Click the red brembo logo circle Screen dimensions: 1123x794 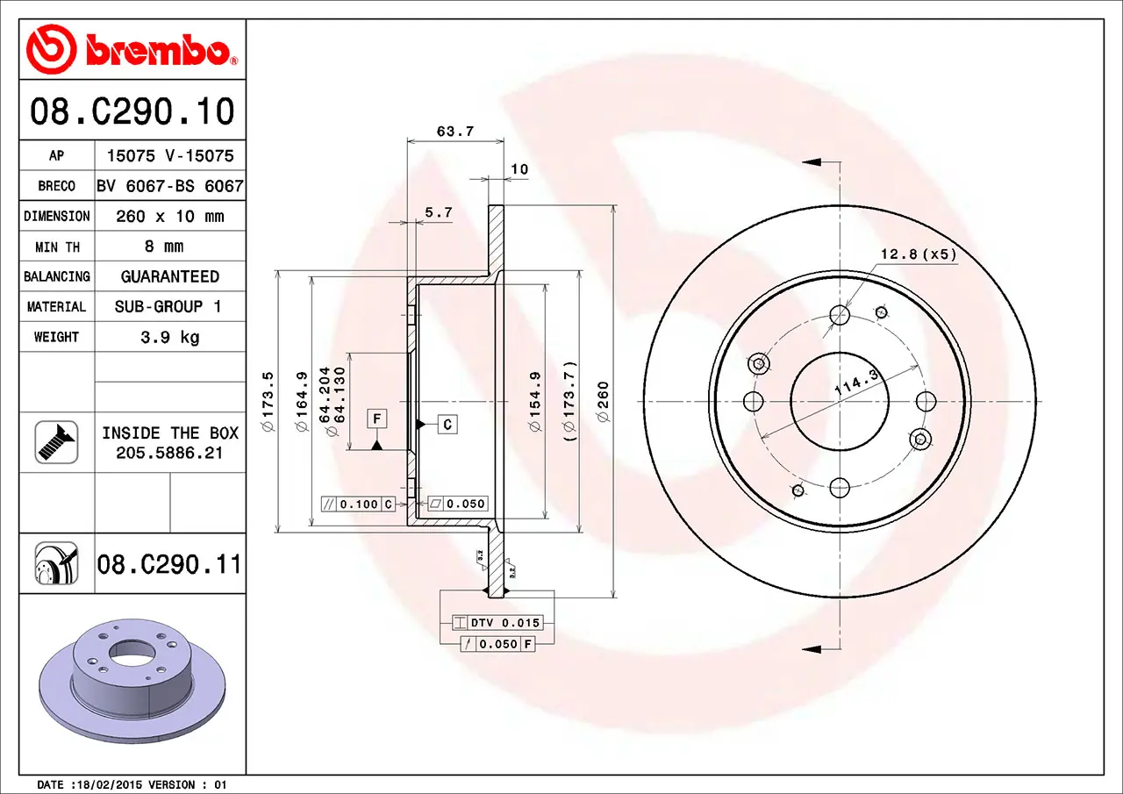51,48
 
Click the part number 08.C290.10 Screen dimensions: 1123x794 132,111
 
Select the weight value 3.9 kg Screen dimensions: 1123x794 170,337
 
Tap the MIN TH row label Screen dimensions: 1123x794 57,247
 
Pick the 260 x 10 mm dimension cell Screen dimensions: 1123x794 170,217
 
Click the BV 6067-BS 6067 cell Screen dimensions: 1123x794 170,186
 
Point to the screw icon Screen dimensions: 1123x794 56,442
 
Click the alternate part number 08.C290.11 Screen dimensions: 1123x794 169,564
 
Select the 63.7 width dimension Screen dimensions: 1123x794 455,132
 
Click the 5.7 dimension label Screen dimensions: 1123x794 439,212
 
